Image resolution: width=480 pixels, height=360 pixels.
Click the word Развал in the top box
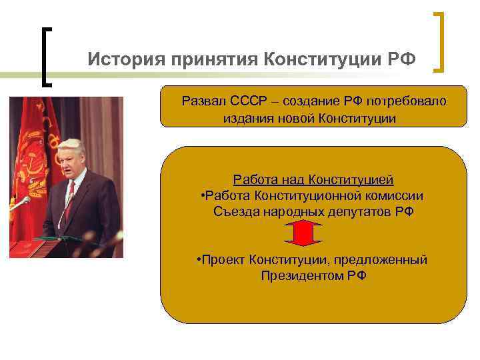[x=204, y=101]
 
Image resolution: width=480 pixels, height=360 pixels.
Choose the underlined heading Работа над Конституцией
[x=313, y=179]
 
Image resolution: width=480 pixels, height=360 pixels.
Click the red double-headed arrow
[x=303, y=234]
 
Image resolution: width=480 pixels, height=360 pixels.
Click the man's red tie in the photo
[x=69, y=203]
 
